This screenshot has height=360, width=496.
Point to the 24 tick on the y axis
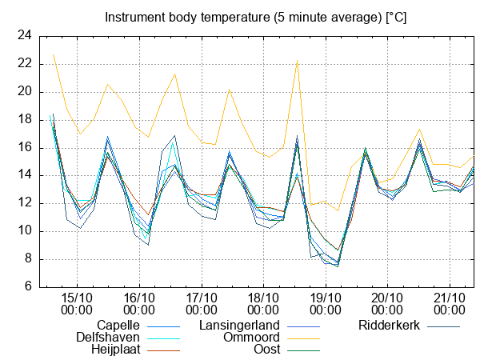point(25,35)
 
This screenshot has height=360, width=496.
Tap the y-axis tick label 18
point(25,119)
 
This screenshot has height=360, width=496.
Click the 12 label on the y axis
point(25,203)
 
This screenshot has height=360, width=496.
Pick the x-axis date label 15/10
point(77,296)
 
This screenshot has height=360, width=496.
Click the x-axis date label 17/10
point(201,296)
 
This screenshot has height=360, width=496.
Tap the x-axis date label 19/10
point(325,296)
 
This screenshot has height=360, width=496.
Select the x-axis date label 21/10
point(449,296)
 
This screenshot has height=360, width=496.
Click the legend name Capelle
point(118,325)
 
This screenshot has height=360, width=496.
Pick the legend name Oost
point(266,350)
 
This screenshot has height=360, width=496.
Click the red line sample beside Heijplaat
point(162,350)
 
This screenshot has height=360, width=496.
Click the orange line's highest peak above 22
point(297,62)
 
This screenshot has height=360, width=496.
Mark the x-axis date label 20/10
point(387,296)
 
